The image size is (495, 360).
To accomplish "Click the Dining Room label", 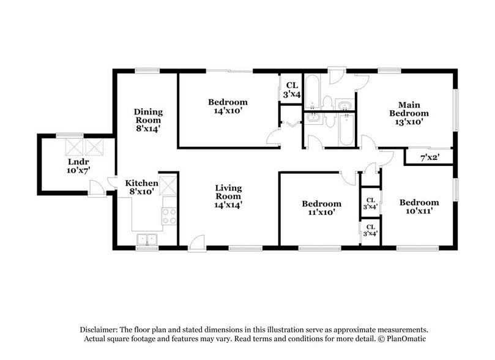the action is point(148,121).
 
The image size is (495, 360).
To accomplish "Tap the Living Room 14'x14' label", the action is point(228,197).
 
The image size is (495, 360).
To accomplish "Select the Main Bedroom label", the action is point(409,113).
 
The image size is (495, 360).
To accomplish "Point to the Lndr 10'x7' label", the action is point(78,166).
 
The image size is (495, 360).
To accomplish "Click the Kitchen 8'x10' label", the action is point(142,187).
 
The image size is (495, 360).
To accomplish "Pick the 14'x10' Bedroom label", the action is point(228,107).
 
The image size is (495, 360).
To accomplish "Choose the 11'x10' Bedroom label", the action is point(321,208).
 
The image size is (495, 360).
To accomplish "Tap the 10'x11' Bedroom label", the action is point(419,206).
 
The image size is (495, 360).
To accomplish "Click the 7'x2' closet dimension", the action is point(430,157).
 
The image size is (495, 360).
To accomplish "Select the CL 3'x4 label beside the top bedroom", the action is point(292,90).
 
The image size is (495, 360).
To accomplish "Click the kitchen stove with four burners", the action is point(169,216).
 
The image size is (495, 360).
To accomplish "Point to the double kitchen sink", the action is point(147,239).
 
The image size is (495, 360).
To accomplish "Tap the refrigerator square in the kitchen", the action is point(168,187).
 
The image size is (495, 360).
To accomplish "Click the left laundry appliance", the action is point(74,147).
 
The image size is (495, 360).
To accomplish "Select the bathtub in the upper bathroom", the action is point(312,92).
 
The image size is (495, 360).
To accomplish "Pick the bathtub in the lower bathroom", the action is point(347,130).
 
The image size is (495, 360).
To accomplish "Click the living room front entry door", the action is point(196,243).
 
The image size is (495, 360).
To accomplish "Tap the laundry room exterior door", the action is point(96,189).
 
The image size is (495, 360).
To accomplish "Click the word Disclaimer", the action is point(99,330).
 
